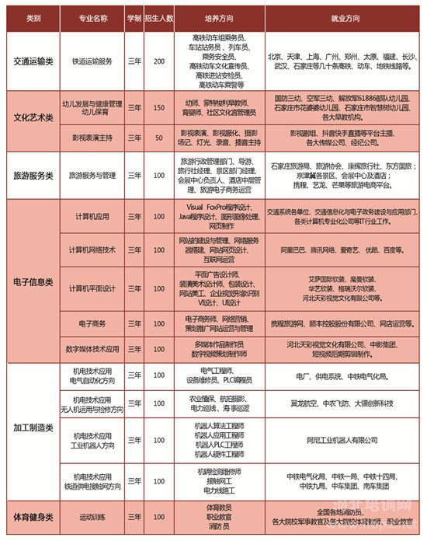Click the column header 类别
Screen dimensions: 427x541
tap(32, 16)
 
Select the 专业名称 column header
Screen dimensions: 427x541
tap(91, 16)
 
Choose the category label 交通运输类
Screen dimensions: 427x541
tap(32, 60)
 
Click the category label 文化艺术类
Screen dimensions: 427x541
tap(32, 117)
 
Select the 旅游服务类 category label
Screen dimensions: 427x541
tap(32, 176)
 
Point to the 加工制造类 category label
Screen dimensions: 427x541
tap(32, 428)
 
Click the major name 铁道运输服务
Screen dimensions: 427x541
tap(91, 60)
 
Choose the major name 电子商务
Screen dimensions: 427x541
tap(91, 323)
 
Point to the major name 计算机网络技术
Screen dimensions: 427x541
tap(91, 250)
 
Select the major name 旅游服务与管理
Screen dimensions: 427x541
tap(91, 176)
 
